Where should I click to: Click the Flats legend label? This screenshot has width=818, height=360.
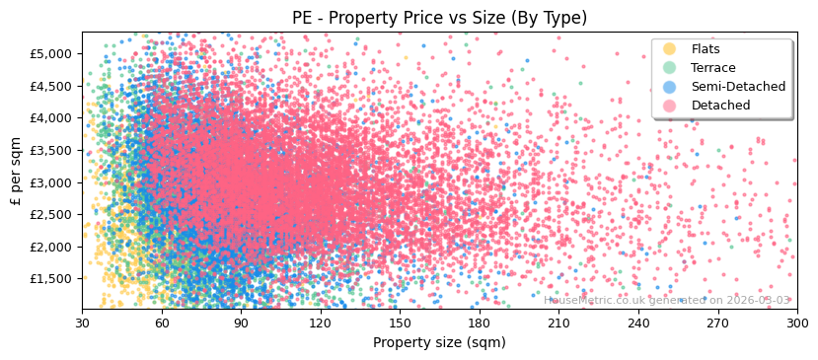coord(706,49)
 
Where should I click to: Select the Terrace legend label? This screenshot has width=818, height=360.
coord(712,68)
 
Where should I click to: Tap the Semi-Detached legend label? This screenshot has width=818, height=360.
coord(738,87)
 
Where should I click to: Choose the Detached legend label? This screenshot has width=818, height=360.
coord(719,106)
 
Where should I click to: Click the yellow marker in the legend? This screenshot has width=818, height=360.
coord(670,49)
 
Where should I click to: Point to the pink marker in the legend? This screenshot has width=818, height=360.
coord(670,106)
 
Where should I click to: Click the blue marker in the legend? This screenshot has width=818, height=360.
coord(670,87)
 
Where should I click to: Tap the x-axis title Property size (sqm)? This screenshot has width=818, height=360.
coord(439,343)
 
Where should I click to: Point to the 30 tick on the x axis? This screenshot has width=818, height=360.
coord(83,323)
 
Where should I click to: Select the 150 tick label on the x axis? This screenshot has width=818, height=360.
coord(400,323)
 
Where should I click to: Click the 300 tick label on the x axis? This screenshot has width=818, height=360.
coord(797,323)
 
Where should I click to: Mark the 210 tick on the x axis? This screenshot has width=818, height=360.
coord(558,323)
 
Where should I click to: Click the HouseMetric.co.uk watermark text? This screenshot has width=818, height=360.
coord(667,301)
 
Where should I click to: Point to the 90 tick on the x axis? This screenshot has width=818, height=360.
coord(241,323)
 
